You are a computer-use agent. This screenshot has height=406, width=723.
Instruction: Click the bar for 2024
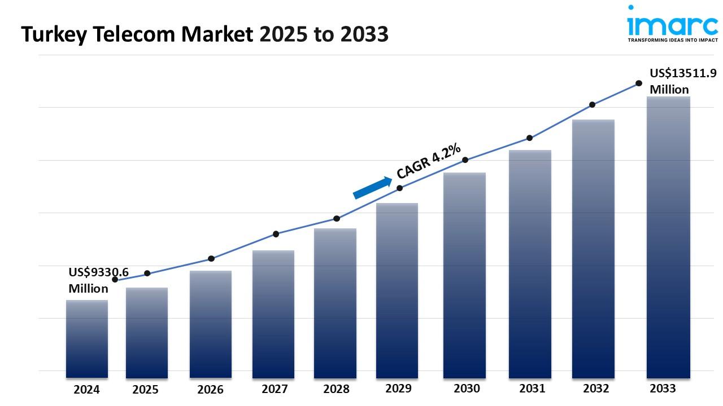pos(87,338)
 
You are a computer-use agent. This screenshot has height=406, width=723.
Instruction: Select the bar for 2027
pos(273,314)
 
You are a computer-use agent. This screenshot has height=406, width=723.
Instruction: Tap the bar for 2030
pos(464,275)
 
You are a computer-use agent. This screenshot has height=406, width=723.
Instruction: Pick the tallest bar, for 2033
pos(668,237)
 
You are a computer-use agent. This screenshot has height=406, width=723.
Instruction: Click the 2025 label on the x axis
pos(145,390)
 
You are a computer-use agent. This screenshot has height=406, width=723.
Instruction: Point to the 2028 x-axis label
pos(336,389)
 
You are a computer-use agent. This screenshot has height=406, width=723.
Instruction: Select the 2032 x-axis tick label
pos(596,389)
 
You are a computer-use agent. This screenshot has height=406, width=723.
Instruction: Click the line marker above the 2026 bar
pos(211,258)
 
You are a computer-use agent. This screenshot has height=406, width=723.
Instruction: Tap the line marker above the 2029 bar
pos(400,188)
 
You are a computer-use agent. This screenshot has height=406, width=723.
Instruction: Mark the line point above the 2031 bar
pos(530,138)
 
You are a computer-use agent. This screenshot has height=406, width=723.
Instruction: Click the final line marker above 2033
pos(639,83)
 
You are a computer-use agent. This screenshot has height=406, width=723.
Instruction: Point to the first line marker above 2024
pos(115,280)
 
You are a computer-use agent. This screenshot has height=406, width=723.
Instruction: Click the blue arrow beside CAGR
pos(372,187)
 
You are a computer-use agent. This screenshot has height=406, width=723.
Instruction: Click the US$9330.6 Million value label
pos(98,280)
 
